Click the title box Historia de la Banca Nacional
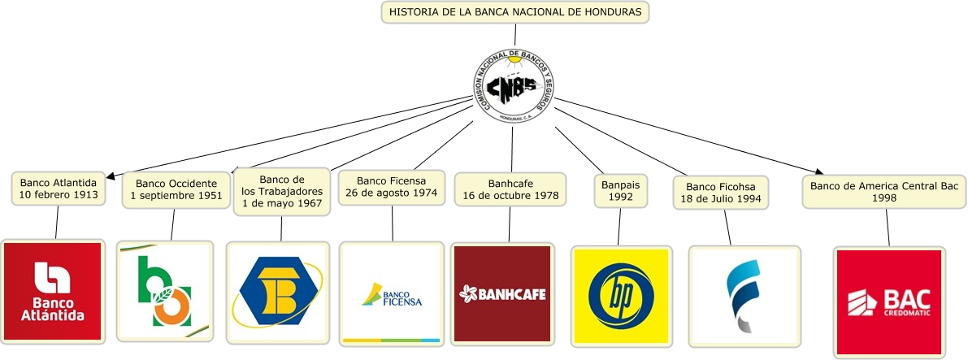pos(515,12)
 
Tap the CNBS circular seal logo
pos(513,84)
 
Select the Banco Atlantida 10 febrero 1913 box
pos(59,189)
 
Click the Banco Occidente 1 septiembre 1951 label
pos(176,189)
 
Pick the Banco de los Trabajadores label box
pos(282,192)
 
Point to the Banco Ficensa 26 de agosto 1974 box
pos(391,187)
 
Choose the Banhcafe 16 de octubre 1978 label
pos(510,189)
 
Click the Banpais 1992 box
pos(620,191)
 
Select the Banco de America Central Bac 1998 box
pos(884,192)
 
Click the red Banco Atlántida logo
pos(54,290)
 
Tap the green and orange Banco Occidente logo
pos(165,290)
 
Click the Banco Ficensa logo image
pos(391,294)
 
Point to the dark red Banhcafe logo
pos(502,293)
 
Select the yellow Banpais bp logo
pos(620,295)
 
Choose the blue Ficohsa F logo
pos(744,297)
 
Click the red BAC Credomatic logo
pos(888,301)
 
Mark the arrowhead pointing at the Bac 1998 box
pos(817,171)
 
